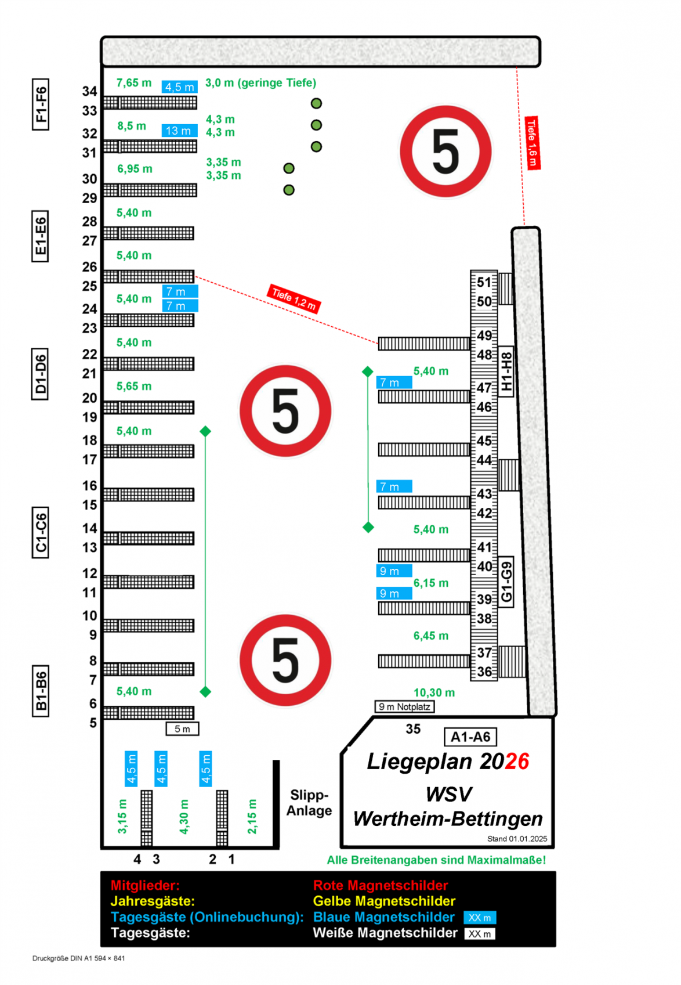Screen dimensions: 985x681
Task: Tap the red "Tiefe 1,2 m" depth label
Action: [294, 298]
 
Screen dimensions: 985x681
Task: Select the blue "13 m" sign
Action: [179, 131]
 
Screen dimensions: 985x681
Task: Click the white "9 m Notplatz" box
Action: [404, 706]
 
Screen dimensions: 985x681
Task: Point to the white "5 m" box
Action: [182, 729]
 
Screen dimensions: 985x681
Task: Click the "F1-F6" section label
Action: [41, 104]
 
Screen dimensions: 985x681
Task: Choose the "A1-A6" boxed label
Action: [470, 737]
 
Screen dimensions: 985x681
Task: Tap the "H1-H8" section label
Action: [506, 371]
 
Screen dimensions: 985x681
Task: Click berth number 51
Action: [484, 283]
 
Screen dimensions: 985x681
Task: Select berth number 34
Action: [89, 91]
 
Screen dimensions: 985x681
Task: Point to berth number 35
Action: [413, 729]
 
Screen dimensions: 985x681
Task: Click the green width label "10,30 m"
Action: [434, 692]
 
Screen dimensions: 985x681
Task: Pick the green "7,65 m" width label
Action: [134, 83]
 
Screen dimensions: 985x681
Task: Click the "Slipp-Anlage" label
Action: [309, 803]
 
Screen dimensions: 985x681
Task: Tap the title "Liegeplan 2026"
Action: [448, 762]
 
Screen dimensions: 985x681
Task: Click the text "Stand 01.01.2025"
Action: [517, 839]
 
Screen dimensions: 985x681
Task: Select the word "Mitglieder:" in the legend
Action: [145, 885]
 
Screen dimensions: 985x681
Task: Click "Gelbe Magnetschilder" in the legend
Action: [384, 901]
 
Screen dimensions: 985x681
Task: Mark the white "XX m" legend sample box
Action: [479, 934]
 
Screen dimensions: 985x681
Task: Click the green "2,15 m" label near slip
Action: [252, 816]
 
